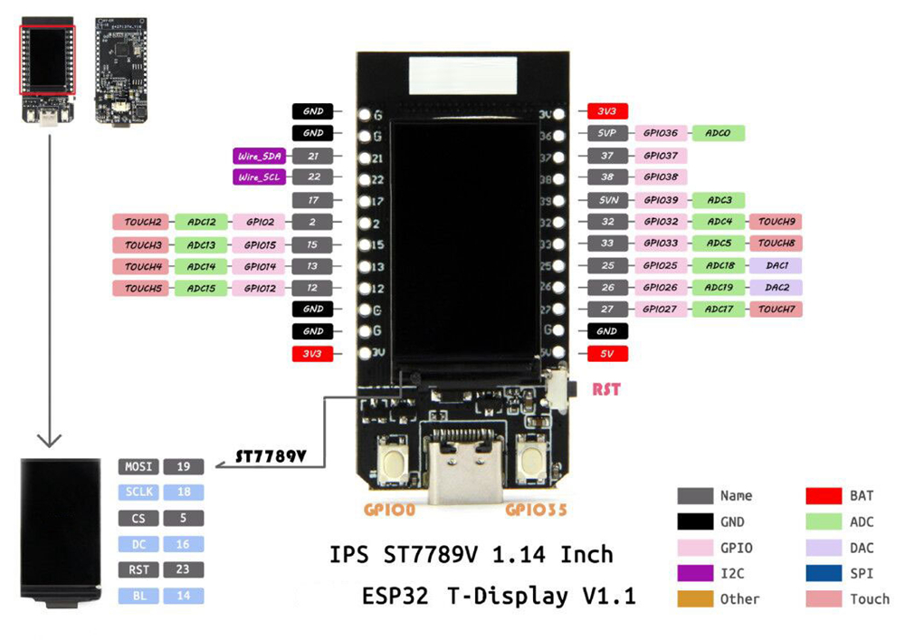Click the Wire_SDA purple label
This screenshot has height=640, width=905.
(x=260, y=156)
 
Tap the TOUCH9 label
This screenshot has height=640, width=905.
(x=776, y=222)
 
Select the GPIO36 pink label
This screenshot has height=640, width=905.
(x=661, y=133)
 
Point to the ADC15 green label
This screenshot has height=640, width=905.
(x=201, y=288)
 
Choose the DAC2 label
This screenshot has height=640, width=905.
(x=776, y=287)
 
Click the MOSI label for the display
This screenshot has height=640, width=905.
(x=138, y=467)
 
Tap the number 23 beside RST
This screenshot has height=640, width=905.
(x=184, y=570)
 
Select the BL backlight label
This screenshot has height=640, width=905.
(x=138, y=596)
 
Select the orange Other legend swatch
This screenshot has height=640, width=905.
(x=693, y=598)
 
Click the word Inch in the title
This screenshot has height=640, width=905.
(x=585, y=554)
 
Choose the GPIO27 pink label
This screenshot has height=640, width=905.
(x=661, y=310)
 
